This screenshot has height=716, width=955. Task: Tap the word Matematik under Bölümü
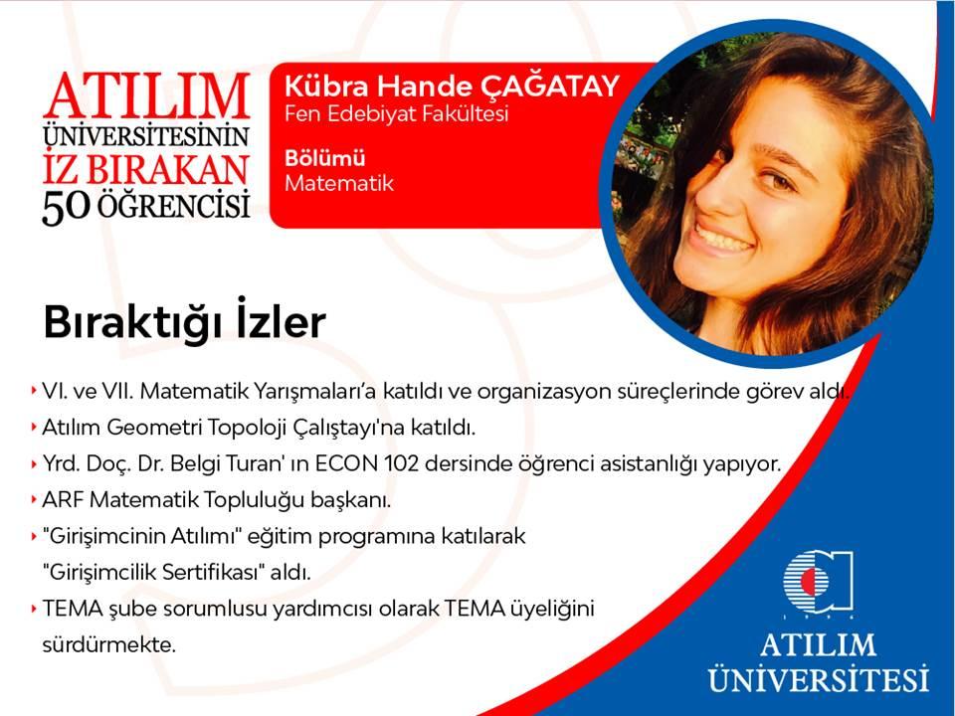coord(339,183)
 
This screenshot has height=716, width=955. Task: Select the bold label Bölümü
coord(325,158)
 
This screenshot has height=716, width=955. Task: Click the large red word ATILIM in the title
coord(147,96)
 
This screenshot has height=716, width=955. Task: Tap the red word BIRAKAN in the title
coord(167,170)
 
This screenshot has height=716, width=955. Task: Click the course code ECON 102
coord(367,464)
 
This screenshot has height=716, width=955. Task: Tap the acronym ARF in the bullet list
coord(64,500)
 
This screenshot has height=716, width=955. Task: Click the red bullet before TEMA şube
coord(33,609)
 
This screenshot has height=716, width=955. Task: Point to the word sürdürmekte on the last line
coord(109,644)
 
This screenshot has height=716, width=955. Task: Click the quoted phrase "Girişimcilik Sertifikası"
coord(153,573)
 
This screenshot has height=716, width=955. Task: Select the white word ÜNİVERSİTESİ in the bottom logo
coord(819,677)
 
